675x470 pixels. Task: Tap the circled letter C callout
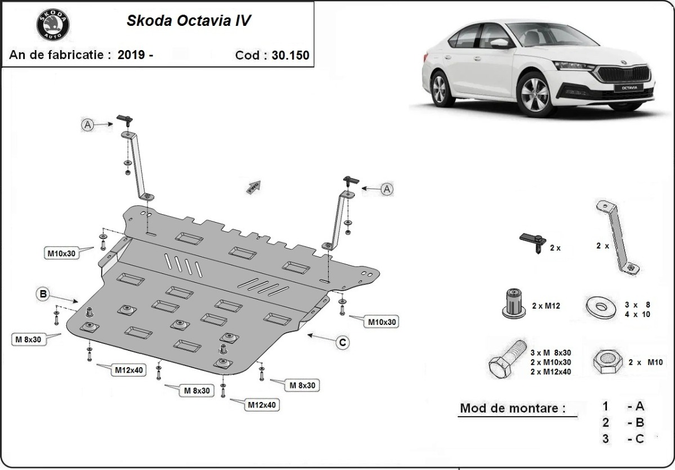(342, 342)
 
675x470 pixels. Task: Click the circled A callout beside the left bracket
(87, 125)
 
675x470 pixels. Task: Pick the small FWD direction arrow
(253, 186)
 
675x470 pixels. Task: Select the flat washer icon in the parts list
(600, 307)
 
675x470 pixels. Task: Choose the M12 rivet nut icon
(512, 304)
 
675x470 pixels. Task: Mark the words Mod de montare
(512, 408)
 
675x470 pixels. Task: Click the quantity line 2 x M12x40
(551, 372)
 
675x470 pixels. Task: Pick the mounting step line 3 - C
(623, 439)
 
